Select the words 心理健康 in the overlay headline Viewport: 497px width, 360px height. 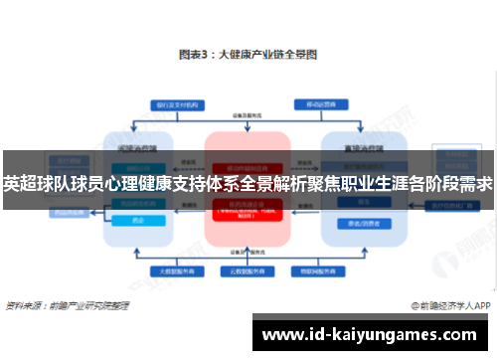pyautogui.click(x=139, y=184)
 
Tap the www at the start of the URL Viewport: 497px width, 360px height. pyautogui.click(x=282, y=333)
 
